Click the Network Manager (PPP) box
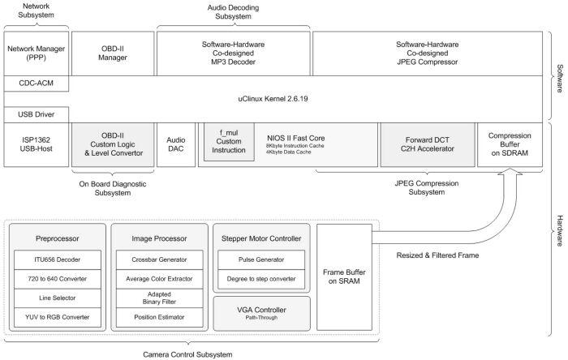tap(37, 54)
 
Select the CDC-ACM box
tap(37, 84)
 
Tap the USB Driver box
tap(37, 114)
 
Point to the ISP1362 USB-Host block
tap(37, 144)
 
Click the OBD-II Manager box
tap(113, 54)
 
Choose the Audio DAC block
tap(176, 144)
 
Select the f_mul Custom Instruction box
tap(229, 141)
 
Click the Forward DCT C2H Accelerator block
tap(428, 144)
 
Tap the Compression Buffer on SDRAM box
tap(510, 144)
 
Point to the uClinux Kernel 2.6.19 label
tap(273, 99)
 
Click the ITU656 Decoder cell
tap(58, 259)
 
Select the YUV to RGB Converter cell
tap(58, 317)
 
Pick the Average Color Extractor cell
tap(159, 279)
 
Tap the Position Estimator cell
tap(159, 317)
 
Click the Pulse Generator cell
tap(261, 259)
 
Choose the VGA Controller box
tap(261, 313)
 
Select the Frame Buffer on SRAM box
tap(344, 276)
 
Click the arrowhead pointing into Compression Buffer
tap(510, 172)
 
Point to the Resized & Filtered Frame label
tap(437, 255)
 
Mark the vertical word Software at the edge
tap(560, 78)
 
